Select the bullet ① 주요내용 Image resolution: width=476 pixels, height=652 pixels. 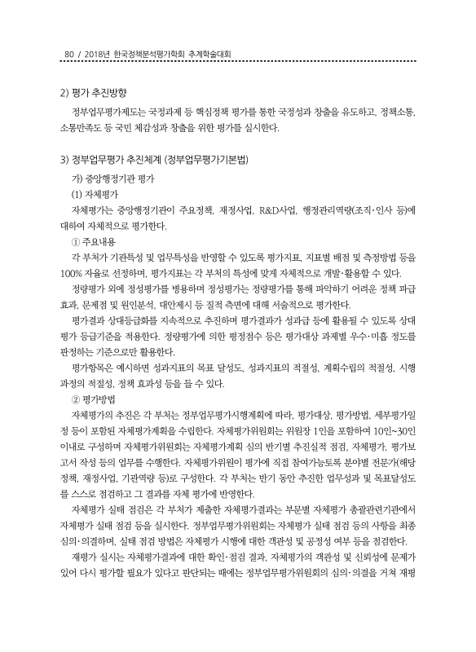[97, 242]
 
